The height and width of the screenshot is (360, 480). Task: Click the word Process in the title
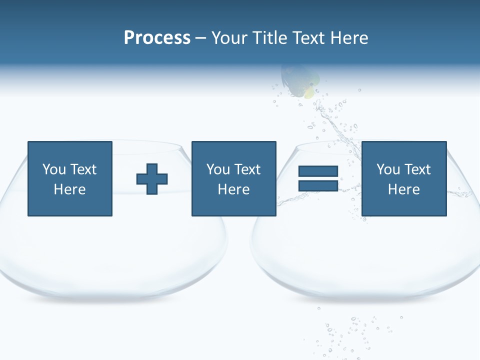click(157, 38)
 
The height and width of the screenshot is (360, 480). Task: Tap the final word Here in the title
click(350, 38)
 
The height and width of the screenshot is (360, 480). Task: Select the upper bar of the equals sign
click(318, 171)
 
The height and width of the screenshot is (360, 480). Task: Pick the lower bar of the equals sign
click(318, 185)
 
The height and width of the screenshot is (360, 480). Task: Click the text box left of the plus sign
click(69, 178)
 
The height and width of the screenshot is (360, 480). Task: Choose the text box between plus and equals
click(233, 178)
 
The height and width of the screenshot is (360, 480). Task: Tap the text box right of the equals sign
click(403, 178)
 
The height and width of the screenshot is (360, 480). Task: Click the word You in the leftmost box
click(54, 169)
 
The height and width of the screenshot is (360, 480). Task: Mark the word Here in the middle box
click(233, 189)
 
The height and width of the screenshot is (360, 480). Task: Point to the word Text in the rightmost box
click(417, 169)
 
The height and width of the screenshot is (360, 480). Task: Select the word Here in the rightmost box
click(403, 189)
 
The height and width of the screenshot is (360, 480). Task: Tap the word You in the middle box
click(218, 169)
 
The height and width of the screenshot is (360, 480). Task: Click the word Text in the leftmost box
click(83, 169)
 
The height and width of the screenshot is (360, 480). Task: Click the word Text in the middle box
click(247, 169)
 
